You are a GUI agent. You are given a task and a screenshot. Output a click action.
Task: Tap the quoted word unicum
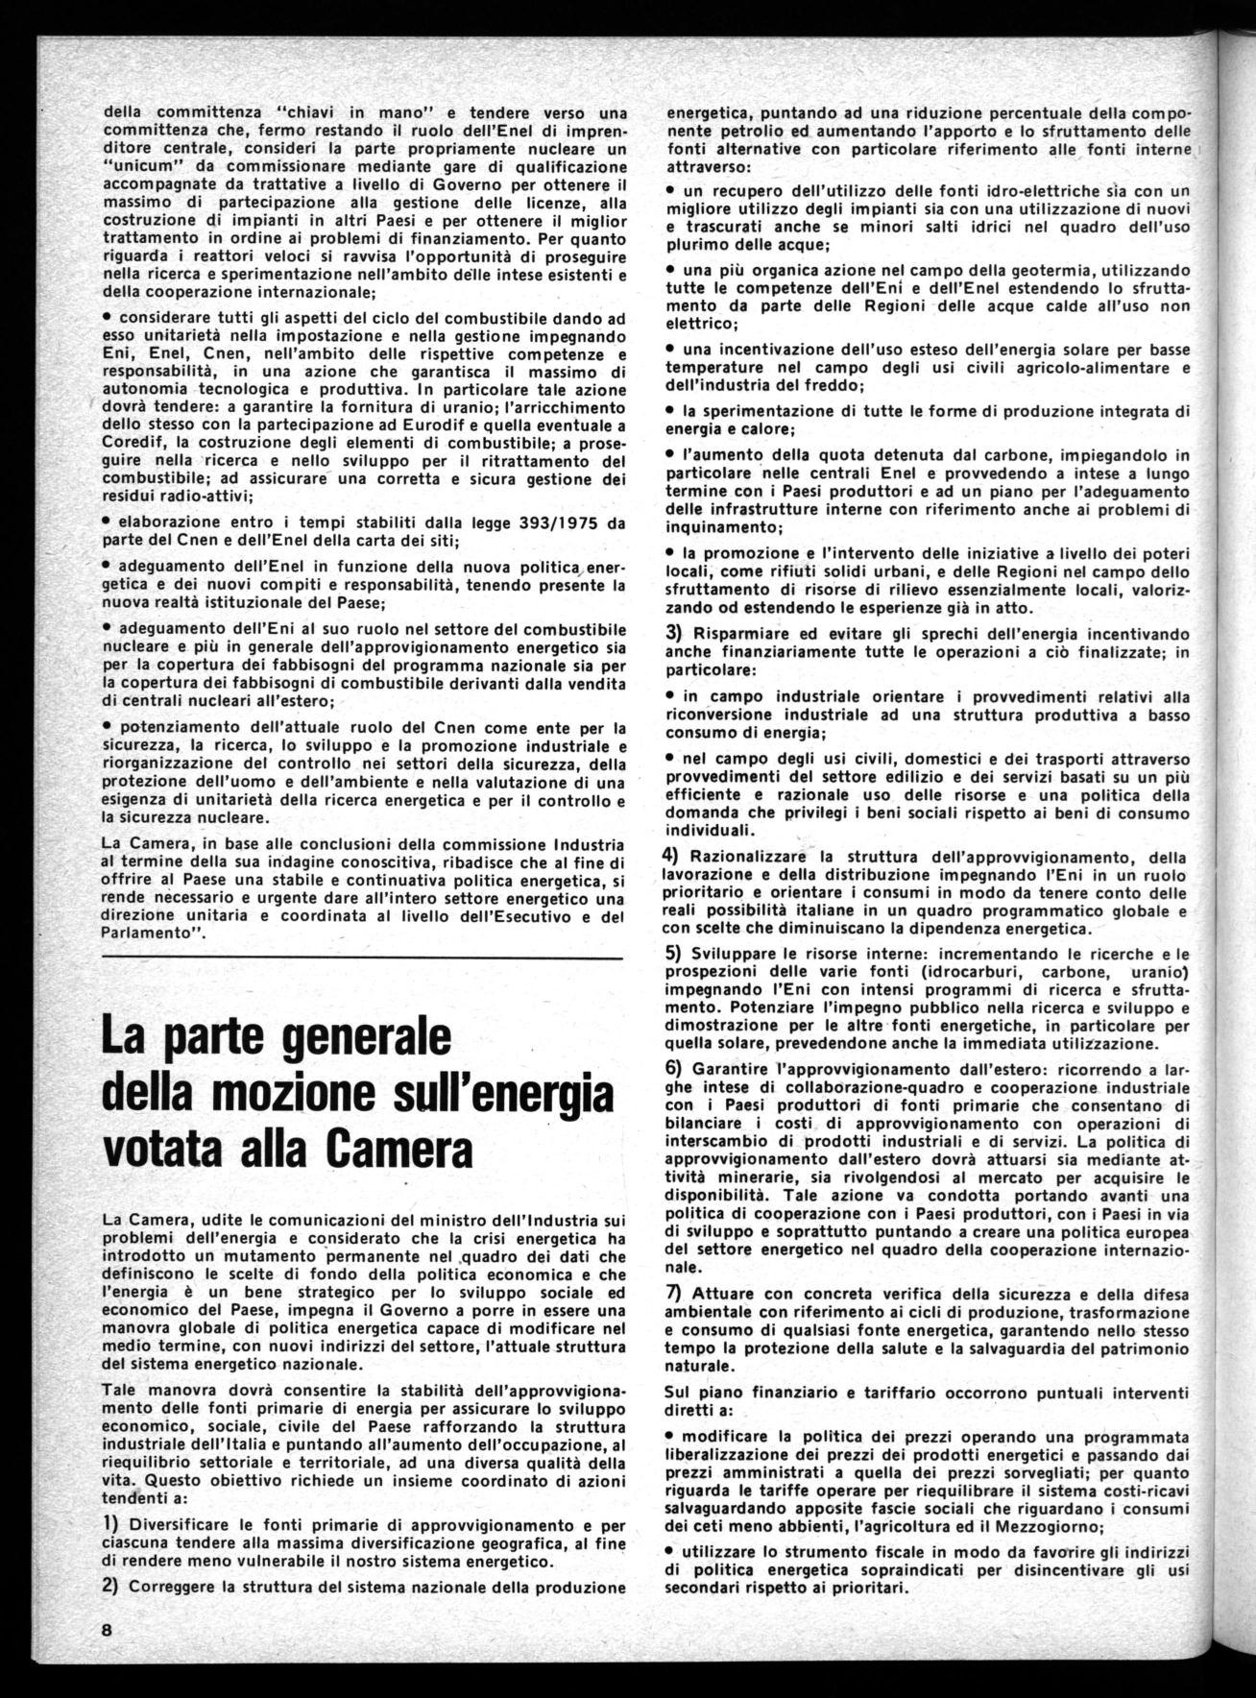[136, 166]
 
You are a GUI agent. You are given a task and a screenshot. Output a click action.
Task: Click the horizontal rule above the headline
[361, 959]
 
